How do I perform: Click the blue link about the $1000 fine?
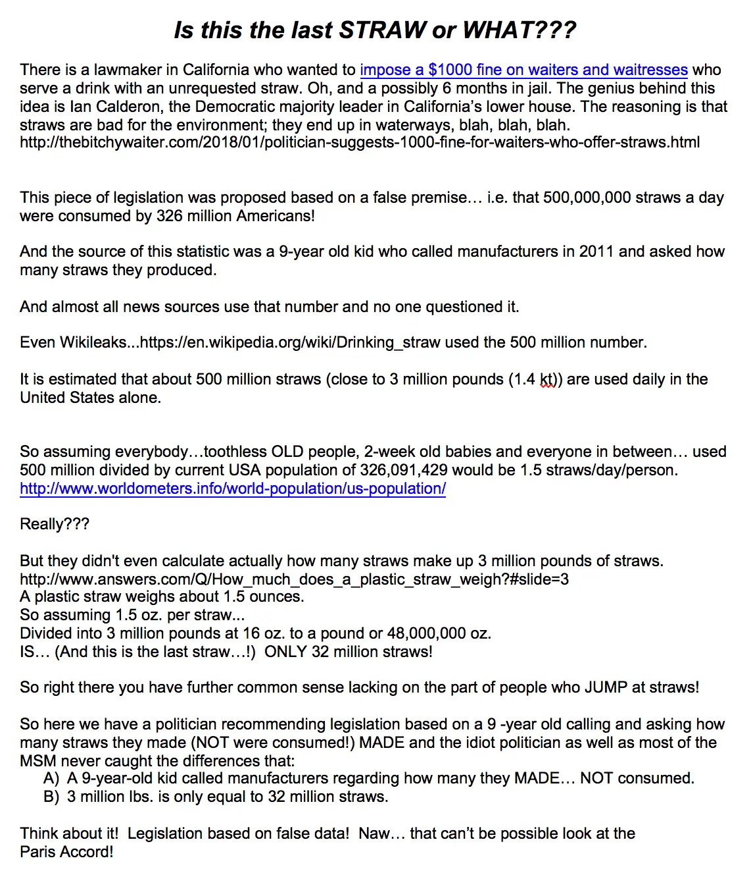[x=523, y=70]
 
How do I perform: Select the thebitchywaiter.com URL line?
[x=360, y=142]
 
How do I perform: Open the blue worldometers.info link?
[x=233, y=489]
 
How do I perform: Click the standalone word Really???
[x=55, y=524]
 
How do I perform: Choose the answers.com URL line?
[x=294, y=579]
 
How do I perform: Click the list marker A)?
[x=52, y=778]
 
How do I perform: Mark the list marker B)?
[x=52, y=797]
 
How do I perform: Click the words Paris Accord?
[x=66, y=852]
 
